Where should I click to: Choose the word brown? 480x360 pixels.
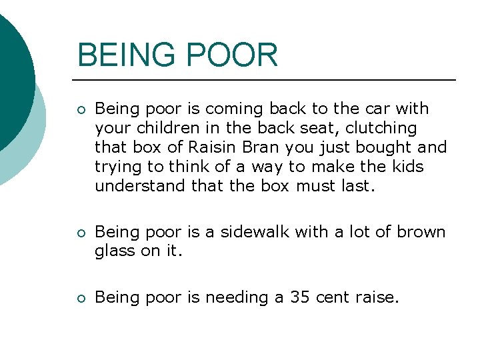421,232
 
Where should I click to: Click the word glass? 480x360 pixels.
115,251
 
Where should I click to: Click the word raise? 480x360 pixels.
377,298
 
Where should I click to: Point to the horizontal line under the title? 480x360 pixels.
267,80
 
